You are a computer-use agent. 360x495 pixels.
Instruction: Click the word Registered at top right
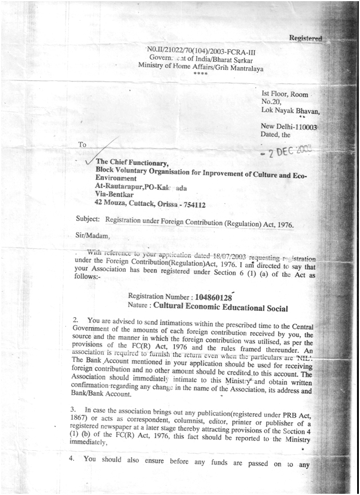[306, 38]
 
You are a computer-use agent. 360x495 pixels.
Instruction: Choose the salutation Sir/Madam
[92, 236]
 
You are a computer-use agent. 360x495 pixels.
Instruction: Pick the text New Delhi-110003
[289, 126]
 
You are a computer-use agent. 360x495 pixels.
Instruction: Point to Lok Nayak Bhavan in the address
[291, 111]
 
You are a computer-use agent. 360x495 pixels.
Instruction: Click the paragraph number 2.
[76, 318]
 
